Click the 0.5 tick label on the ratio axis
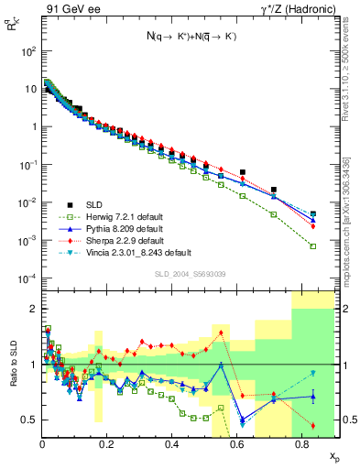(x=29, y=420)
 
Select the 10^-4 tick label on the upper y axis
(x=27, y=278)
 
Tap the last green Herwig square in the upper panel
(x=313, y=245)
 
